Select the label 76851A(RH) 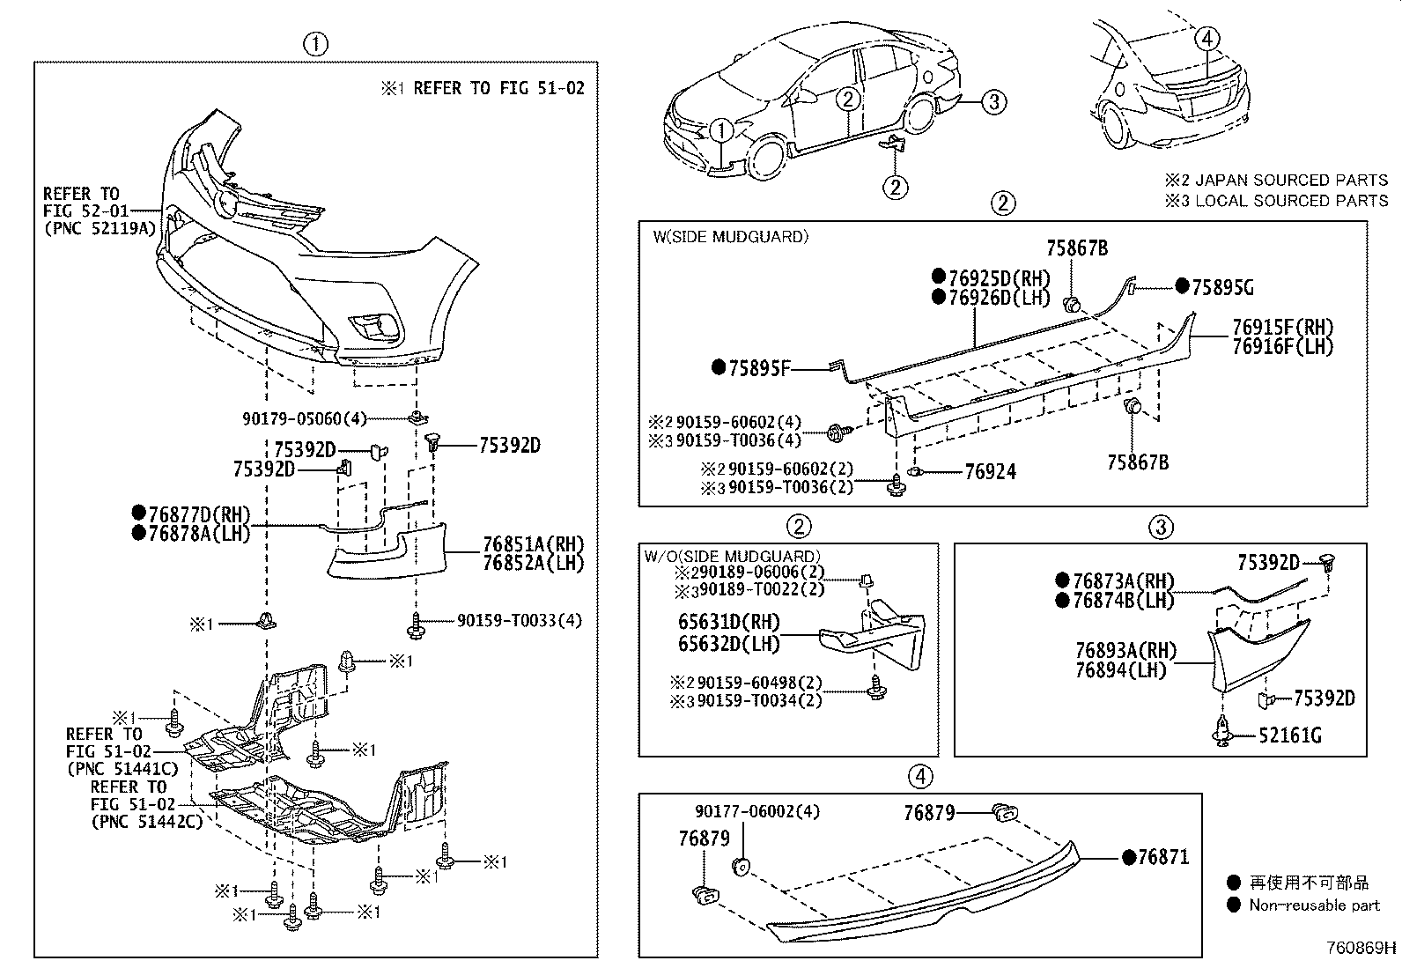(533, 543)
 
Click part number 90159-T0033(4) (519, 620)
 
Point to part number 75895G (1222, 287)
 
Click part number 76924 (990, 472)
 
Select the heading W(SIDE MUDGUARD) (729, 236)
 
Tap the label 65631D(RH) (728, 623)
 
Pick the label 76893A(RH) (1125, 651)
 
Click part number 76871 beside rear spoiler (1162, 856)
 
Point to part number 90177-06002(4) (756, 812)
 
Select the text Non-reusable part (1314, 905)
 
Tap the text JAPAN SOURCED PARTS (1291, 180)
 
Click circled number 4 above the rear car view (1207, 38)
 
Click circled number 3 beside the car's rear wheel (992, 102)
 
